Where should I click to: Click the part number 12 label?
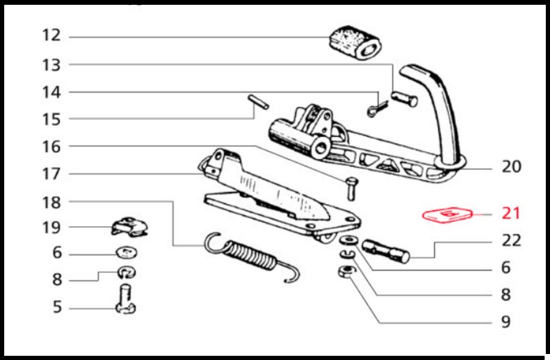click(52, 35)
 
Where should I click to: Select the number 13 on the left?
click(52, 64)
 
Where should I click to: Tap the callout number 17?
click(52, 174)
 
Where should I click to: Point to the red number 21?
click(511, 213)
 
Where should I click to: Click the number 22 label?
click(511, 241)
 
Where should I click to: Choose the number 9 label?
click(506, 322)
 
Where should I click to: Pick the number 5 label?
click(56, 308)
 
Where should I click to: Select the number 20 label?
click(511, 166)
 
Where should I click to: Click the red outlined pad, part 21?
click(447, 215)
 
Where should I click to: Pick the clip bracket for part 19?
click(130, 227)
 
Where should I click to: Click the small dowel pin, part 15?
click(258, 101)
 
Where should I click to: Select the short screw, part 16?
click(351, 188)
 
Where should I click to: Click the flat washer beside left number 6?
click(125, 251)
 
